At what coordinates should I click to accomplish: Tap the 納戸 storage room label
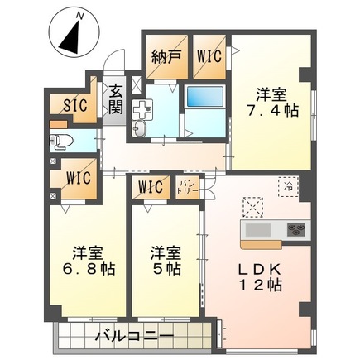click(166, 58)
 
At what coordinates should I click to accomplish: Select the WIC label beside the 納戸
click(207, 58)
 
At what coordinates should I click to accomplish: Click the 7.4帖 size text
click(271, 111)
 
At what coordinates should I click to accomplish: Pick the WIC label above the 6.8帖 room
click(75, 177)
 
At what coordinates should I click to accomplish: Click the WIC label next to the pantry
click(151, 186)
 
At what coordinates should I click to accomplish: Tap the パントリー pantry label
click(186, 186)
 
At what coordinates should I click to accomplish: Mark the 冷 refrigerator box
click(286, 187)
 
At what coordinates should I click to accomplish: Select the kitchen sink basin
click(256, 228)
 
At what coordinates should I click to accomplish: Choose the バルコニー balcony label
click(132, 337)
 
